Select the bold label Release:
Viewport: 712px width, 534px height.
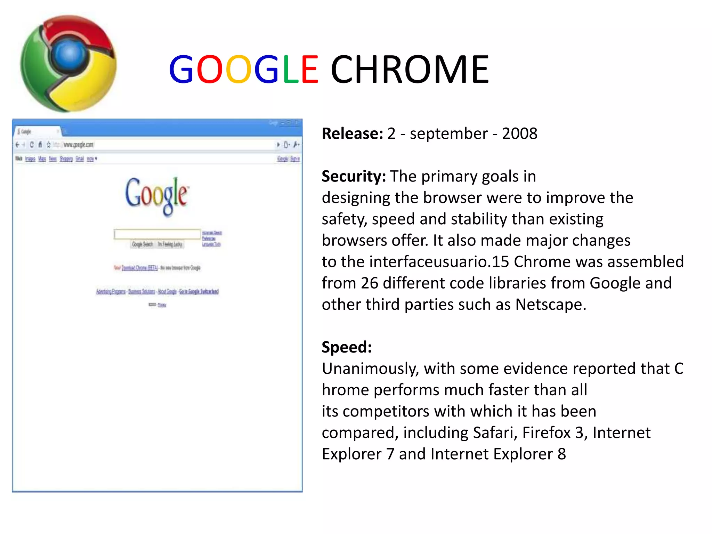coord(352,134)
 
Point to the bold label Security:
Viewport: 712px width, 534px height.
coord(354,177)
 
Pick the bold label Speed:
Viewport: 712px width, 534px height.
coord(347,347)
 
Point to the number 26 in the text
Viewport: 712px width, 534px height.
coord(369,283)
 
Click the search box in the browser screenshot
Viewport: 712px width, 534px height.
coord(157,234)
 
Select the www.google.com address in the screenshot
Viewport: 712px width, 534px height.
coord(78,145)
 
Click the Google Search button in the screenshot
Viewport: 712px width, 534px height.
coord(143,244)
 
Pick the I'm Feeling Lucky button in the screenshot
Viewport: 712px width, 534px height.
coord(170,244)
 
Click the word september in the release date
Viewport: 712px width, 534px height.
coord(449,134)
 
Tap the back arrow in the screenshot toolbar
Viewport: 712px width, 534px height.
coord(17,145)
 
